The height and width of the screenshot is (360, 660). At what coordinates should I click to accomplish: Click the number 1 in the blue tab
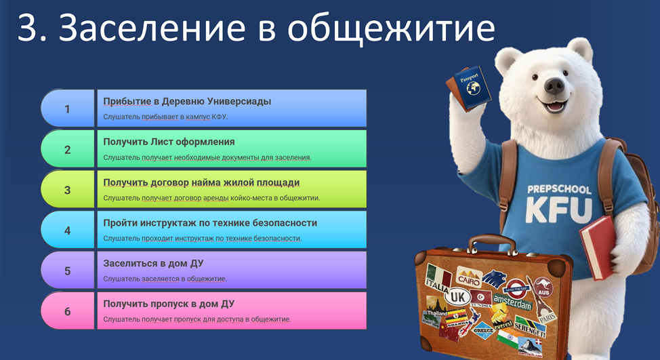tap(67, 109)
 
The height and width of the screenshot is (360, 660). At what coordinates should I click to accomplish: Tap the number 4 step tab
tap(67, 230)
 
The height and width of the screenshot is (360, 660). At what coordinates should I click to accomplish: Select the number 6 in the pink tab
tap(67, 312)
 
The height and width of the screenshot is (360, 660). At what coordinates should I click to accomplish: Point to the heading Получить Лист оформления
tap(169, 142)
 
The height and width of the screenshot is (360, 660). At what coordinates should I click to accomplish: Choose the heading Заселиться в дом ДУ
tap(153, 264)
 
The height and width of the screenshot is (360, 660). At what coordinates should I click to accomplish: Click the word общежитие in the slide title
tap(392, 28)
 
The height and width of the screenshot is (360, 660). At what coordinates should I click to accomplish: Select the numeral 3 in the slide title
tap(28, 27)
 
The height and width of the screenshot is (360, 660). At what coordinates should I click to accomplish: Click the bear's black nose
tap(554, 86)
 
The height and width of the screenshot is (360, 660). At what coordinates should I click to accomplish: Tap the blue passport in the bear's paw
tap(473, 88)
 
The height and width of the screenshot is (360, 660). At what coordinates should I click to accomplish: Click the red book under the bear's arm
tap(598, 247)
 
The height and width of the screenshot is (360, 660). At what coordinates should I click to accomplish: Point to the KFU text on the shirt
tap(558, 209)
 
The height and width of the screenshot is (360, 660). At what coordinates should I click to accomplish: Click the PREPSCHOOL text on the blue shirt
tap(560, 189)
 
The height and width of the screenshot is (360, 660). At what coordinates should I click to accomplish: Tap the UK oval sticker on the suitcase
tap(458, 297)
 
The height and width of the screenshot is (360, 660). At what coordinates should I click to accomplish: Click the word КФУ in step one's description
tap(219, 117)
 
